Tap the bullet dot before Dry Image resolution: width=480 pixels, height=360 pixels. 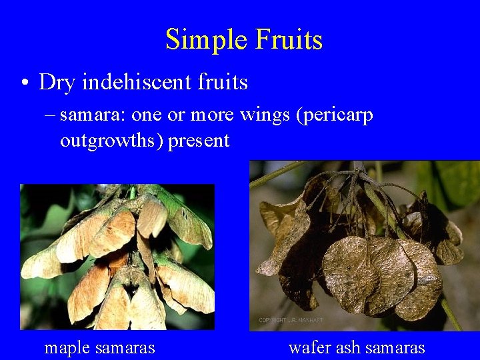click(24, 83)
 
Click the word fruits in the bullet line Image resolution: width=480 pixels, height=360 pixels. click(223, 82)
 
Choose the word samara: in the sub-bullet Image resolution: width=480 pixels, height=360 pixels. click(93, 115)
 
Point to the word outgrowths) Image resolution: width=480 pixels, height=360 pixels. click(111, 141)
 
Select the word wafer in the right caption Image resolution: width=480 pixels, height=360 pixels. click(309, 347)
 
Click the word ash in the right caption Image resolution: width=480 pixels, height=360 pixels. click(346, 347)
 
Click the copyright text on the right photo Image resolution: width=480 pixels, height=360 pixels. click(291, 321)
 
